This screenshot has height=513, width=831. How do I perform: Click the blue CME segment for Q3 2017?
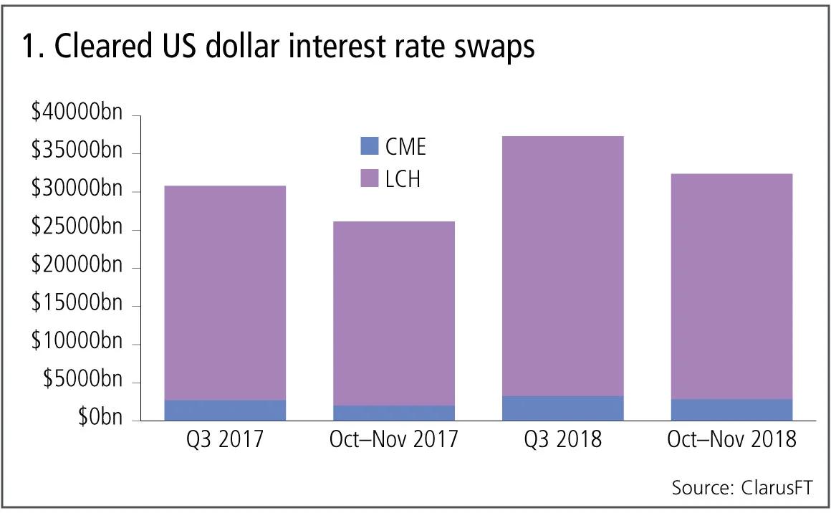point(226,411)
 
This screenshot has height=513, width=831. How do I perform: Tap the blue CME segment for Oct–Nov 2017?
point(394,413)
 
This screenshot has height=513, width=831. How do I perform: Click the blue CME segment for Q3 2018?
point(563,408)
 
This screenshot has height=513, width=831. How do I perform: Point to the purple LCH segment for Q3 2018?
point(563,266)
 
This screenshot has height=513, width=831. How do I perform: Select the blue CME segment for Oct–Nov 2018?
point(731,410)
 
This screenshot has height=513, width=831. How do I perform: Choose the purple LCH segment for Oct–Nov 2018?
point(731,286)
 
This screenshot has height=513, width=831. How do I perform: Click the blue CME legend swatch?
point(368,147)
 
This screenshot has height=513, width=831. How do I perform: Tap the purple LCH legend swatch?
point(368,178)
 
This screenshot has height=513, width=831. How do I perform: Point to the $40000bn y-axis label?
point(77,115)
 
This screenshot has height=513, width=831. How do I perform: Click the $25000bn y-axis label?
point(77,229)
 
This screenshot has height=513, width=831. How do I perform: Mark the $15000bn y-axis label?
point(77,305)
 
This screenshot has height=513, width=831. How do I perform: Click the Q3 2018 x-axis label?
point(563,439)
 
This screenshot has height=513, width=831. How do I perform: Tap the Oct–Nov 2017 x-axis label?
point(394,439)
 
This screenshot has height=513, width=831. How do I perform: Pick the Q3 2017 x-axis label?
point(226,439)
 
